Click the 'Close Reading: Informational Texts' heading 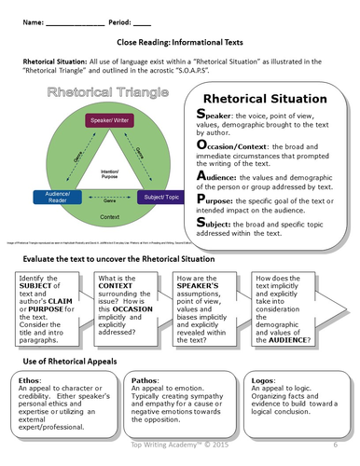pyautogui.click(x=180, y=43)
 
